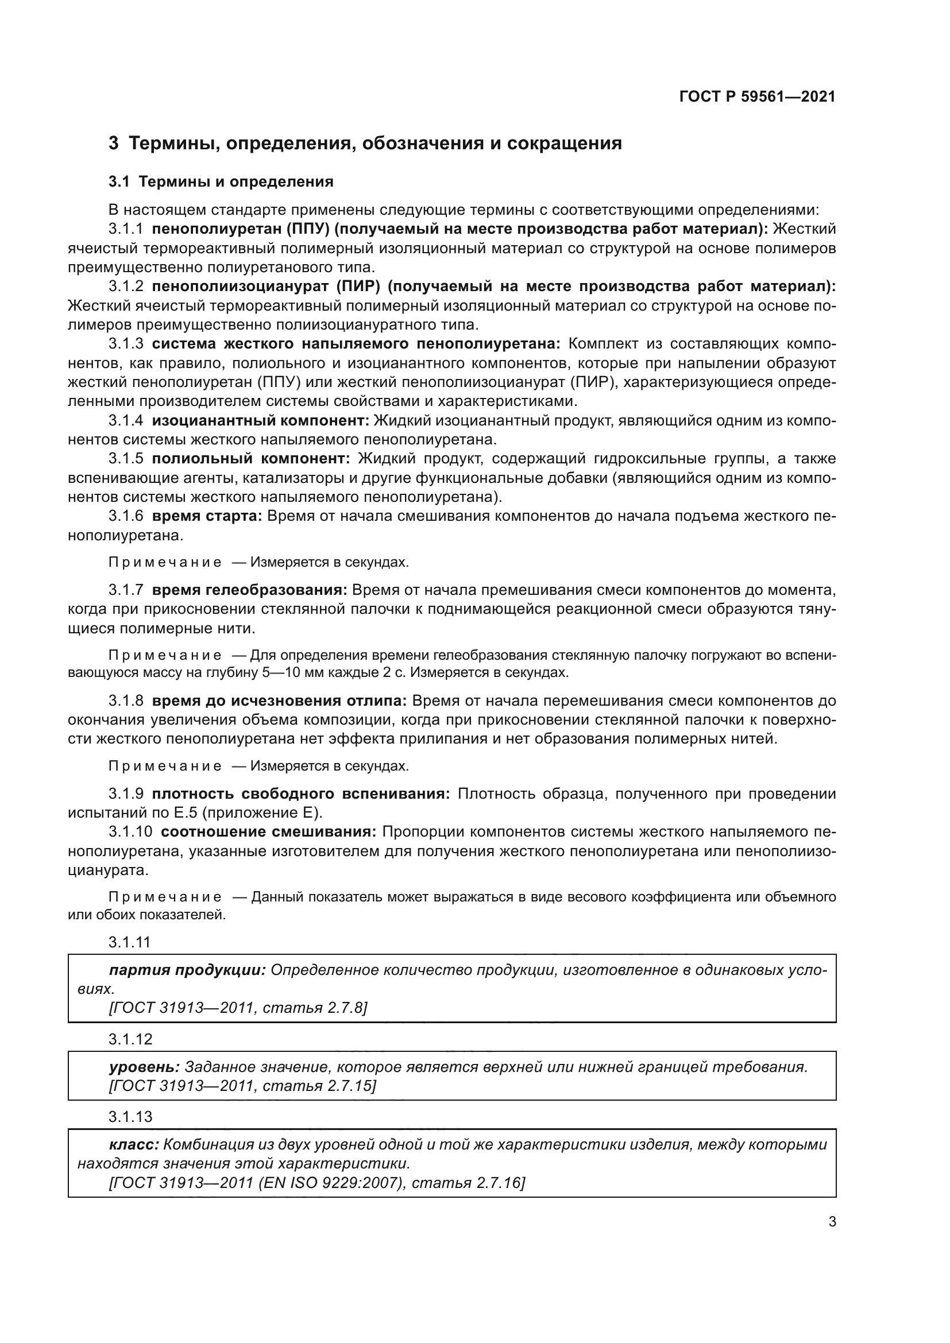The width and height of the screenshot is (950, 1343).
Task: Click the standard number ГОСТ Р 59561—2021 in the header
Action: click(757, 97)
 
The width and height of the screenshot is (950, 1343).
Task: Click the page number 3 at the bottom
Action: click(832, 1222)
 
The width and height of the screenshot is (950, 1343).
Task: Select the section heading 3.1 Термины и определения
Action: click(221, 182)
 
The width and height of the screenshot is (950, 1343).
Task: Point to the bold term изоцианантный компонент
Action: click(260, 420)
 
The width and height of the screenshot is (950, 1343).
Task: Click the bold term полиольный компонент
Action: click(250, 458)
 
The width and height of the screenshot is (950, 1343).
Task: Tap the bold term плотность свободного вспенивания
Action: click(300, 794)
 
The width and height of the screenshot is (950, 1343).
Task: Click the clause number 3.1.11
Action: click(130, 942)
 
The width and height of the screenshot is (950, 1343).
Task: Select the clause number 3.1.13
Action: click(130, 1117)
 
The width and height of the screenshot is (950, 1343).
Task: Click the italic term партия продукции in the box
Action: click(187, 970)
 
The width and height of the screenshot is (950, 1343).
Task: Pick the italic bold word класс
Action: click(134, 1145)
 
